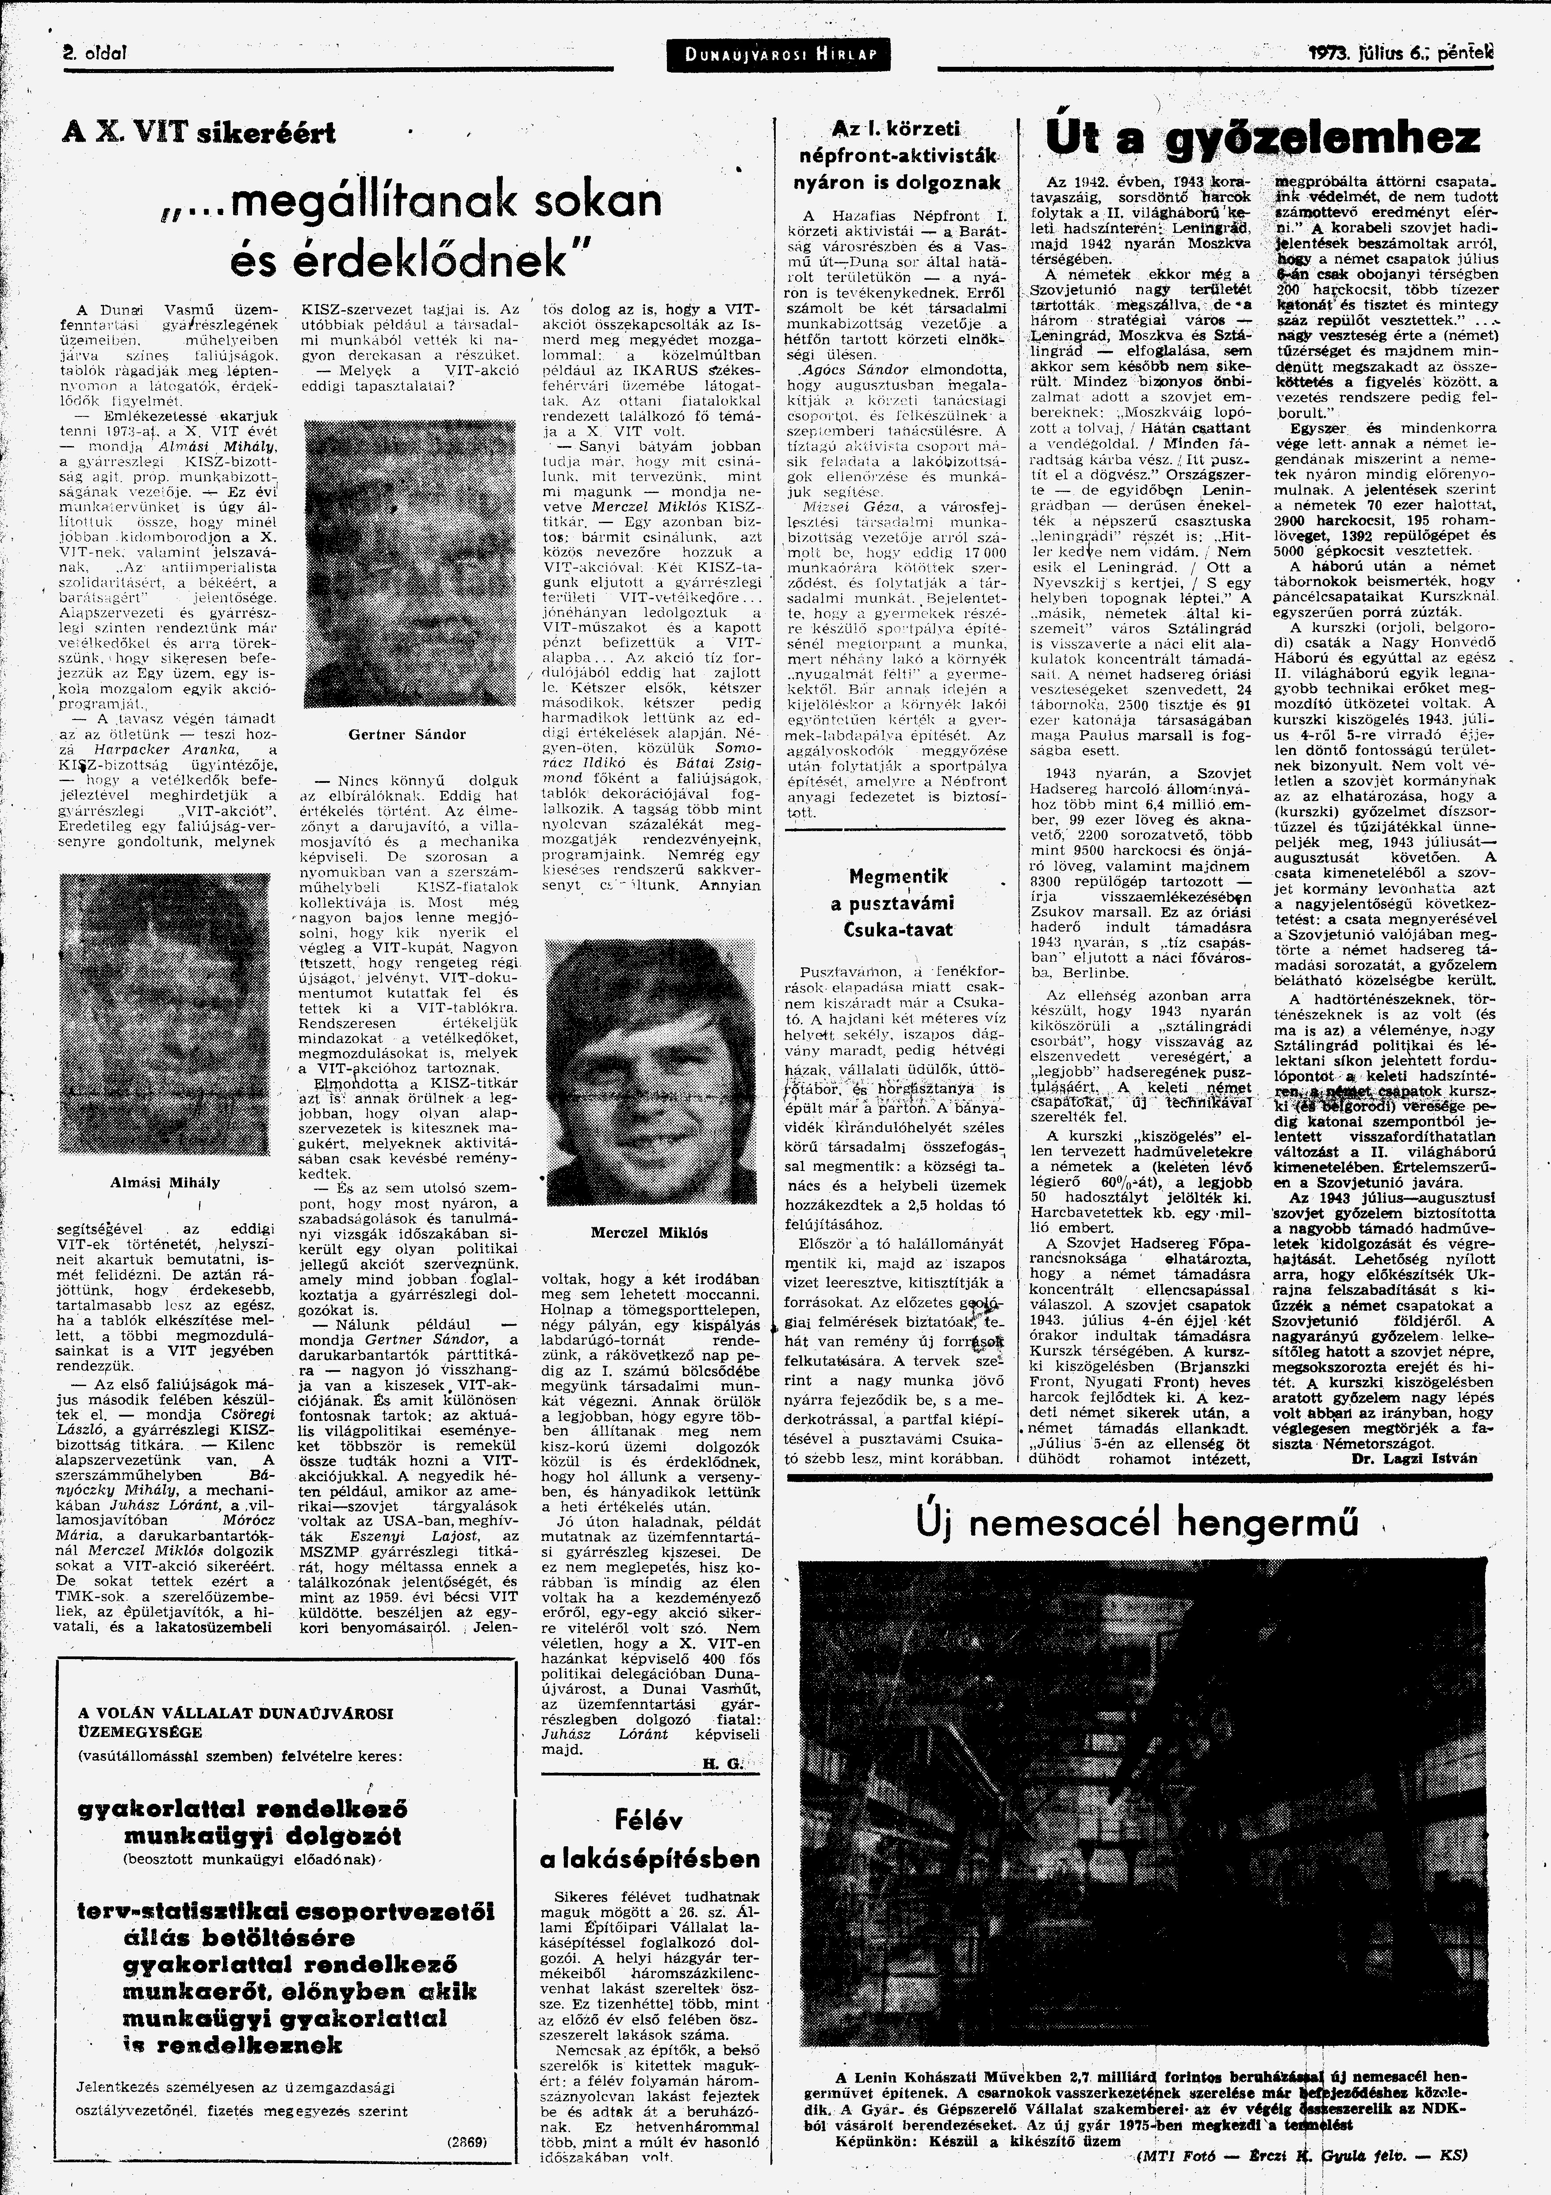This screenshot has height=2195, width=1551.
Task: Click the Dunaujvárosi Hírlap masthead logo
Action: point(775,54)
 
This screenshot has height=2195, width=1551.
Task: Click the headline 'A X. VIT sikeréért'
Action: point(199,132)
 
